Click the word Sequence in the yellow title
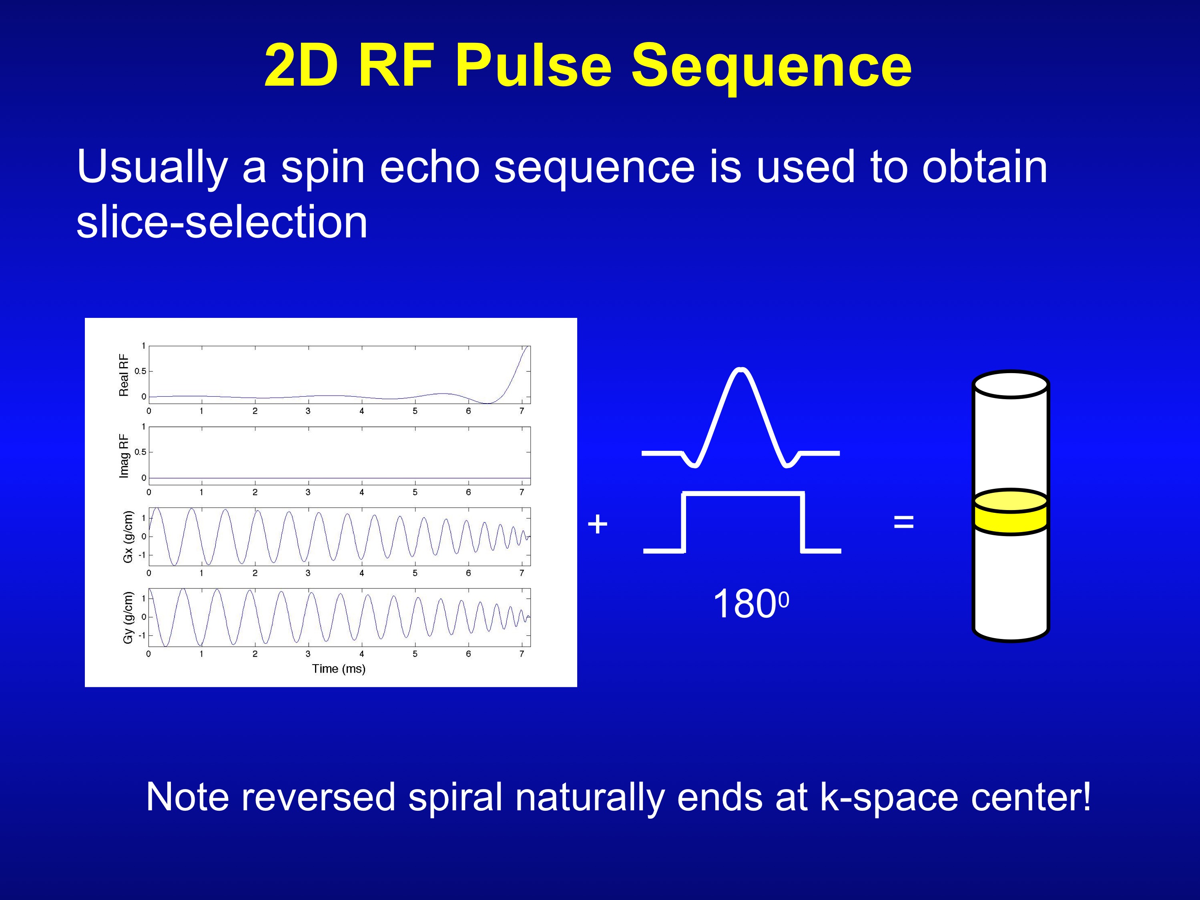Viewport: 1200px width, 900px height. [771, 66]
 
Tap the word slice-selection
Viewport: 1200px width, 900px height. [222, 223]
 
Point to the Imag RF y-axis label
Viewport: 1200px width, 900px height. [124, 456]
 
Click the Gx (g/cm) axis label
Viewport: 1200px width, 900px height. [128, 536]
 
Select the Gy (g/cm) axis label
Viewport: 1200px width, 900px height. [128, 617]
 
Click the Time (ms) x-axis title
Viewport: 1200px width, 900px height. [339, 668]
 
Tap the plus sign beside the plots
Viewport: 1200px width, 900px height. [597, 524]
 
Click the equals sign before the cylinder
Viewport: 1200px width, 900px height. [903, 522]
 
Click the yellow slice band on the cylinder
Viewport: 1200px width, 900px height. [1010, 520]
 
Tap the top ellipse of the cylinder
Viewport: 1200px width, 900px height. [1010, 385]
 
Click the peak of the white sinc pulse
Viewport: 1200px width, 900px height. [741, 370]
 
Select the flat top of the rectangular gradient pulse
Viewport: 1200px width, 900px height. [742, 494]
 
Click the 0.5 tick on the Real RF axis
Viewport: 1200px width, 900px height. [140, 372]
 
